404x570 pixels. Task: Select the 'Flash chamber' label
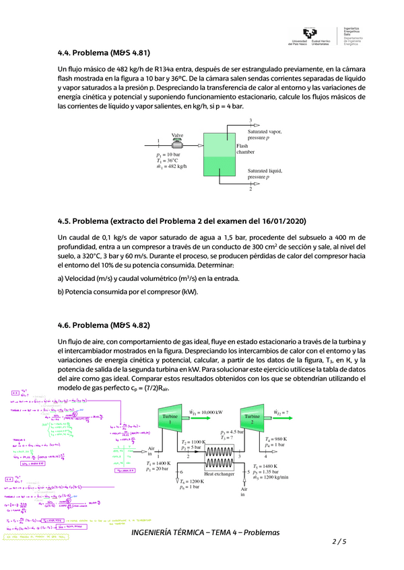coord(245,149)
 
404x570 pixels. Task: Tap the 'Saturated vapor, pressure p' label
coord(265,134)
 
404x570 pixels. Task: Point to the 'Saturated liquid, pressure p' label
coord(265,174)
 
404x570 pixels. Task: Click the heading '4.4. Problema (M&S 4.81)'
coord(104,52)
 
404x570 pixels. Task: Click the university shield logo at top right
coord(310,35)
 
